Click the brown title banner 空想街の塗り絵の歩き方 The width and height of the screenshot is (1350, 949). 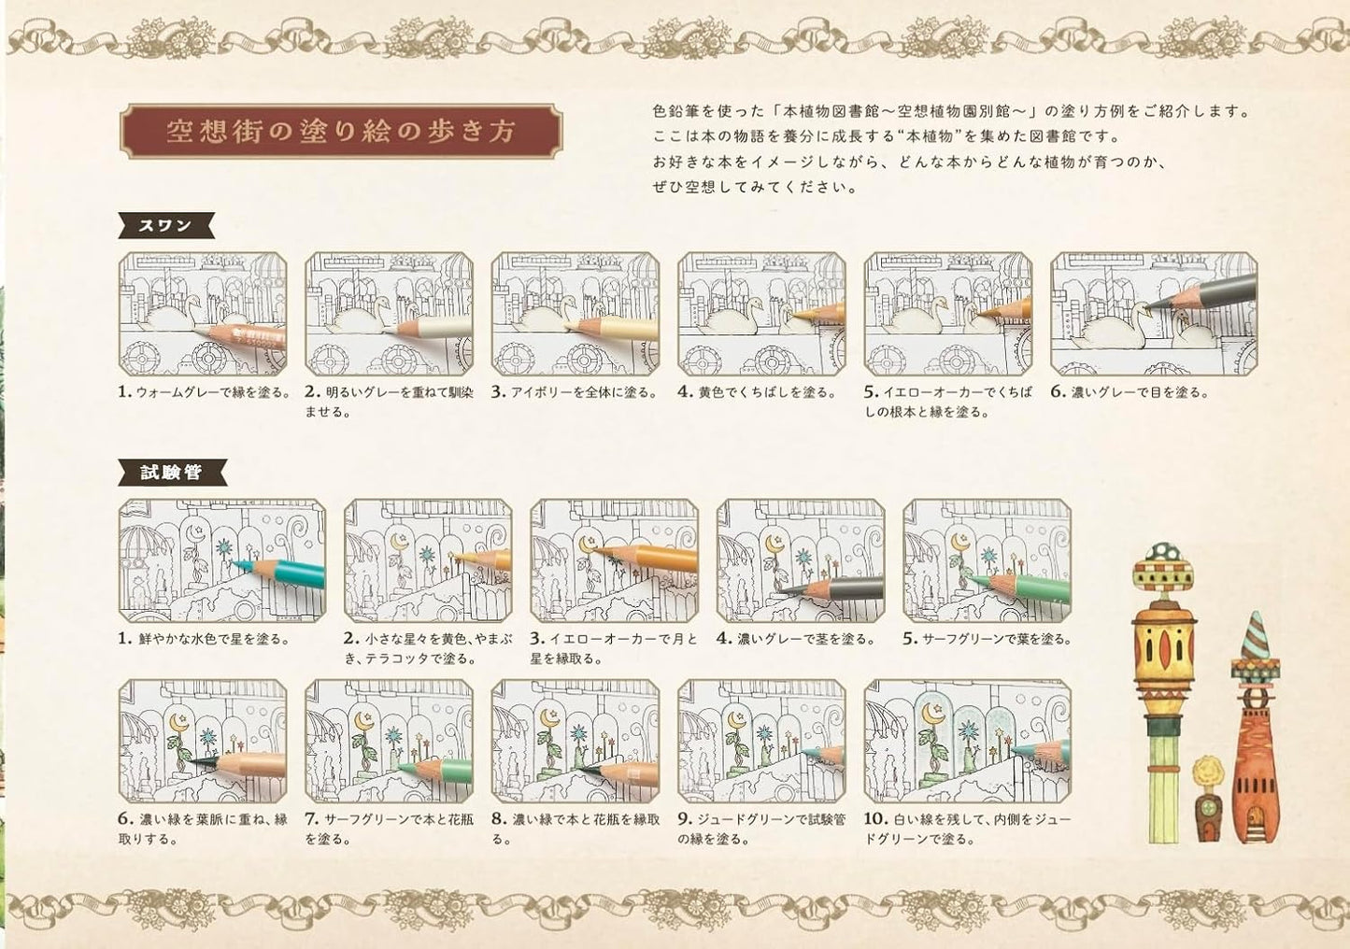[341, 132]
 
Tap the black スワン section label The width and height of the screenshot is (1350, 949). [167, 225]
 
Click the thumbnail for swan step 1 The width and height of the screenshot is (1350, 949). [204, 312]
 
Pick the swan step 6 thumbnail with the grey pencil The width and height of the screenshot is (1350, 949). [1153, 312]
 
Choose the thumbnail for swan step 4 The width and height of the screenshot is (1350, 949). [761, 312]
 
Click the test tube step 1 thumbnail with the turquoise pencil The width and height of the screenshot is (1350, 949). [222, 560]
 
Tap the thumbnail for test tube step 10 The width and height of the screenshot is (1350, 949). [967, 742]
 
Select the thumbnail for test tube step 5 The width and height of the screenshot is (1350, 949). [987, 560]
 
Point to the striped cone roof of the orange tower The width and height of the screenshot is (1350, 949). [1254, 635]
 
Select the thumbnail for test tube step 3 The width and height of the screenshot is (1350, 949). [614, 560]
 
